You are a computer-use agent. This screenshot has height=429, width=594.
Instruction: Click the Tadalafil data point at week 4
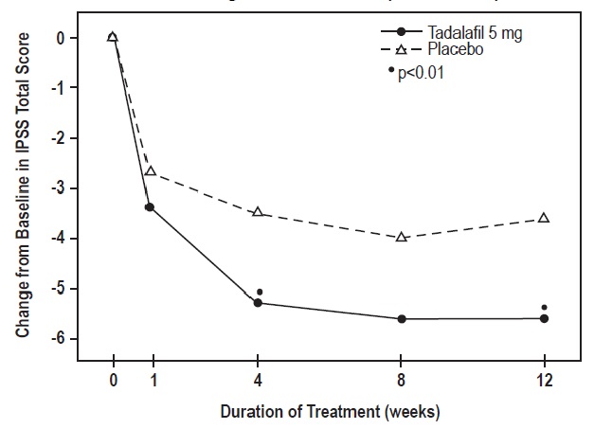[x=258, y=303]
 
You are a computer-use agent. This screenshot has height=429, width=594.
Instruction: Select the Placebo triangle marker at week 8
[x=402, y=237]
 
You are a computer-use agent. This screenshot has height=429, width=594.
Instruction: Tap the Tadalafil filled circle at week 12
[x=544, y=318]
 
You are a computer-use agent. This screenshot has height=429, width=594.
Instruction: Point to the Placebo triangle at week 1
[x=150, y=171]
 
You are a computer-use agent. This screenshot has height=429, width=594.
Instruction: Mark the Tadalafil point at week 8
[x=402, y=319]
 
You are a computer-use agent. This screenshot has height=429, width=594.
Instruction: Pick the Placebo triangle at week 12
[x=544, y=218]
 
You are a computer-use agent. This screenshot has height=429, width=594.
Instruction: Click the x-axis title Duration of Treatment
[x=331, y=413]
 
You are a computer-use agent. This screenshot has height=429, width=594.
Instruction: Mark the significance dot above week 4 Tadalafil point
[x=260, y=292]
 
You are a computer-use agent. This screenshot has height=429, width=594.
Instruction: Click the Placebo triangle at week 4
[x=258, y=212]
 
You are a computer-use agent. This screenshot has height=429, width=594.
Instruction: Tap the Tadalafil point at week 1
[x=150, y=206]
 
